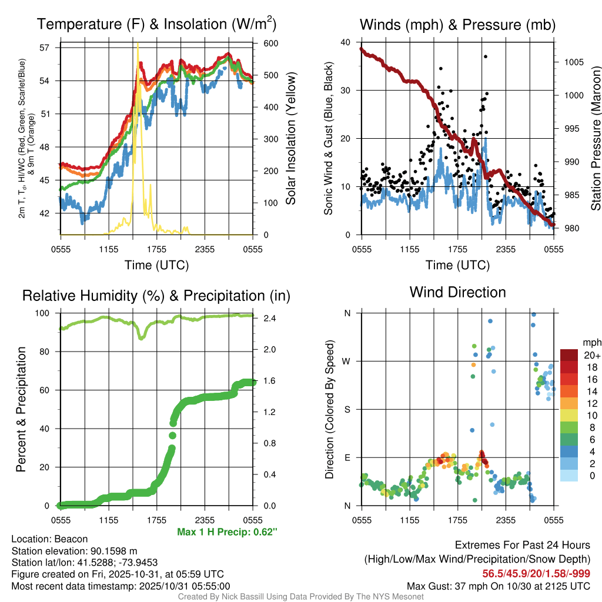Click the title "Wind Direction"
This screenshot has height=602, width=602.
tap(457, 292)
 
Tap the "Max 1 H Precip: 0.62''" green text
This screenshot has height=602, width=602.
tap(227, 531)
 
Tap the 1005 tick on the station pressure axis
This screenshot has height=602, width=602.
tap(574, 62)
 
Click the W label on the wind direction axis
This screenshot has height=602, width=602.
tap(347, 361)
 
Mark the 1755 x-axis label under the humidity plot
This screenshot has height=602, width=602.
tap(157, 520)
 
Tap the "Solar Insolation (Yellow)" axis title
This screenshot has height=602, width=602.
tap(290, 139)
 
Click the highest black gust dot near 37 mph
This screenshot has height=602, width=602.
tap(486, 56)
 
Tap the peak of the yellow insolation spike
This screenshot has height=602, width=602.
tap(138, 44)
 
